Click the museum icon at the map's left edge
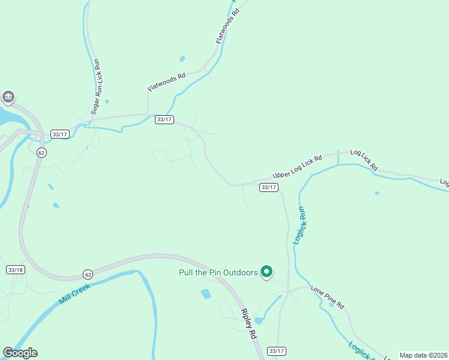coord(8,97)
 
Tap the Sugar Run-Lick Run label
coord(95,86)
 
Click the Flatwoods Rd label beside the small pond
coord(167,82)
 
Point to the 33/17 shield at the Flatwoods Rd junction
coord(164,119)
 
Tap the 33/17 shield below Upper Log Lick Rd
coord(269,187)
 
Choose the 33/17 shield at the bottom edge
coord(276,351)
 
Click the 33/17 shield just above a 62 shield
coord(60,134)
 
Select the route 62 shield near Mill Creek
coord(88,274)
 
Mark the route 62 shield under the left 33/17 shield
coord(41,152)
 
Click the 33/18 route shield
coord(16,270)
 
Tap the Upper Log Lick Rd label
coord(297,166)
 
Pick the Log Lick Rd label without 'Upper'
coord(364,159)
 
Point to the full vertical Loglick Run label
coord(300,225)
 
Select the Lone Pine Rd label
coord(328,297)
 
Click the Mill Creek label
coord(74,294)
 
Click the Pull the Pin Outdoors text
coord(218,272)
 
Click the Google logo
coord(20,353)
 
